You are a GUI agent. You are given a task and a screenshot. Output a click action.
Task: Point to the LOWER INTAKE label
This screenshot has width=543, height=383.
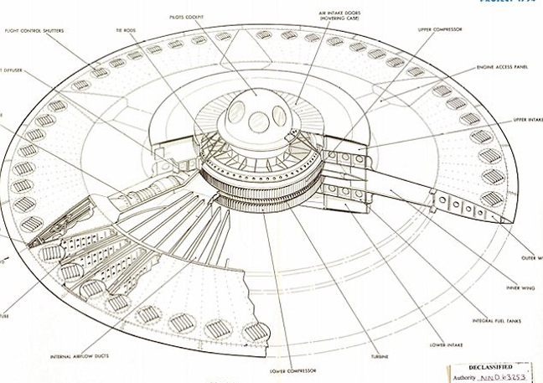[x=443, y=343]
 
